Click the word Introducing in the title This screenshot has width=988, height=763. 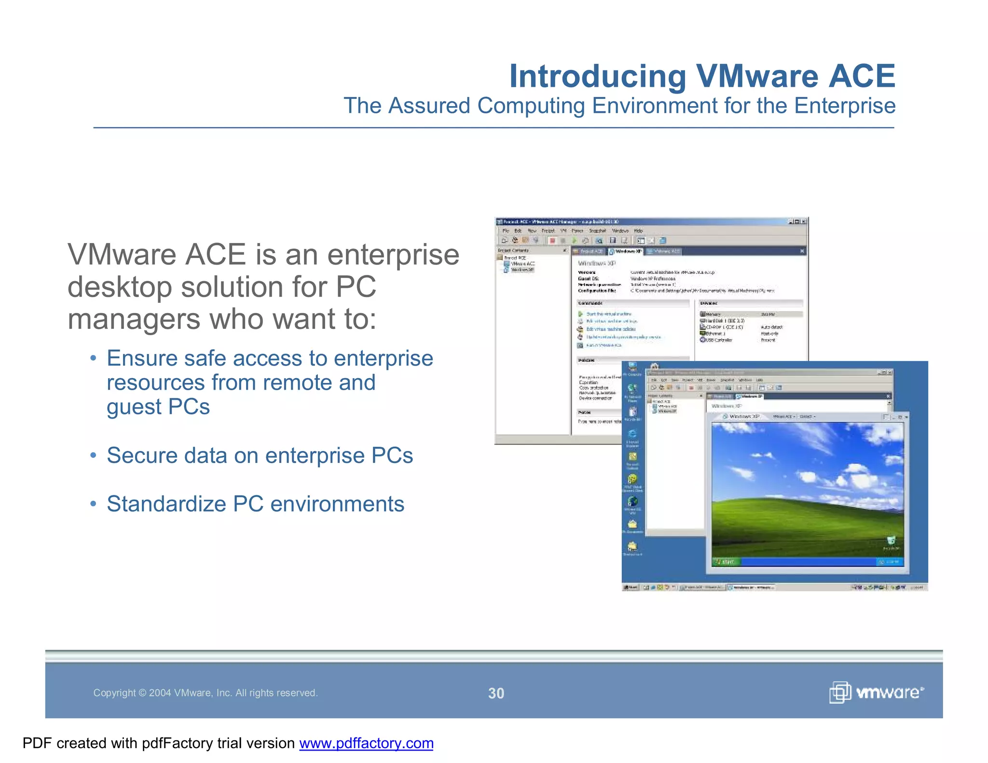[597, 76]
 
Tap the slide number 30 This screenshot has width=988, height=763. [496, 693]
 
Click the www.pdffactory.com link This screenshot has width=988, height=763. [366, 743]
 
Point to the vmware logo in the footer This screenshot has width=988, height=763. [876, 693]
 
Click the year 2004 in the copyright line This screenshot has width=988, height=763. [160, 693]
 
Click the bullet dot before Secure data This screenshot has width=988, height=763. [93, 455]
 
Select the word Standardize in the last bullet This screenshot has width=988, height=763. [166, 504]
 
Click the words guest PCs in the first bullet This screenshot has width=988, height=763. [158, 407]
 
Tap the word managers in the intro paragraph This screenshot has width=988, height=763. [133, 319]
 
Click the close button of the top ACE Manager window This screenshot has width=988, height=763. [804, 222]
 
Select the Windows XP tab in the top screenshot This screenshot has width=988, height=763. [626, 251]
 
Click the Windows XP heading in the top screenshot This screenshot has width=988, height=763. [597, 263]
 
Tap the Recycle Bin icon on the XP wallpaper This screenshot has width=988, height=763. [891, 541]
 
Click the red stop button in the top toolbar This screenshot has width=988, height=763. [552, 240]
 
